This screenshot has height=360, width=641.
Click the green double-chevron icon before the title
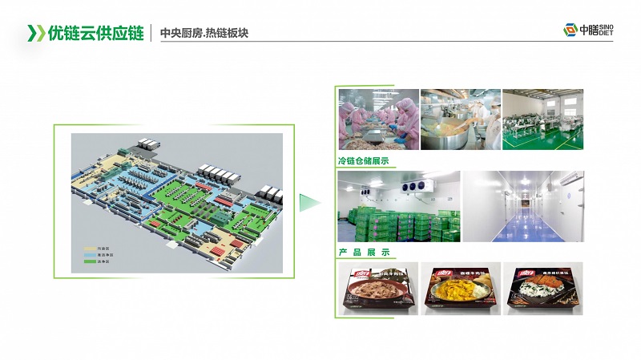pyautogui.click(x=36, y=34)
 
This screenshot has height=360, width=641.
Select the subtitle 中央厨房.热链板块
pyautogui.click(x=205, y=34)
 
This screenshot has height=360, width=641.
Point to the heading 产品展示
pyautogui.click(x=363, y=253)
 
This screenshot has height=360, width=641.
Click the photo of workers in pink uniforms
pyautogui.click(x=377, y=119)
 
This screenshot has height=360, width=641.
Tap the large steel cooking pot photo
pyautogui.click(x=460, y=119)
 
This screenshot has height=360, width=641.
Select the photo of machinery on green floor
pyautogui.click(x=542, y=119)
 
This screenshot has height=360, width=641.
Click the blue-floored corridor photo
pyautogui.click(x=523, y=206)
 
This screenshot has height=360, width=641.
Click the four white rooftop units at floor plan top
pyautogui.click(x=217, y=173)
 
